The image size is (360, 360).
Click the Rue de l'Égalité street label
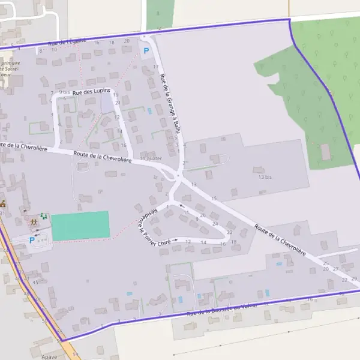point(68,41)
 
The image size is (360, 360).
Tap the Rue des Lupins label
point(91,91)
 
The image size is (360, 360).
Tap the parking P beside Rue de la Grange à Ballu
point(146,50)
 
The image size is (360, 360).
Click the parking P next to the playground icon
point(32,240)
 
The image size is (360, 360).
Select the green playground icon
point(43,216)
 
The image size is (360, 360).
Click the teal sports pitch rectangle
point(80,226)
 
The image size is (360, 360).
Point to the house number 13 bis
point(265,178)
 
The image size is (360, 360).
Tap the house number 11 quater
point(151,158)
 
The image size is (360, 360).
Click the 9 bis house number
point(65,92)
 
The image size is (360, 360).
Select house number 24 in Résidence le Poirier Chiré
point(215,223)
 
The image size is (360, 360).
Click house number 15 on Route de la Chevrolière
point(214,198)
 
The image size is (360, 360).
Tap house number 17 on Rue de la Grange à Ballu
point(155,67)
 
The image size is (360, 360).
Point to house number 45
point(35,282)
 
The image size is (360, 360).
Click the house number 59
point(76,355)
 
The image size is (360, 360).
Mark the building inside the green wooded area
point(326,152)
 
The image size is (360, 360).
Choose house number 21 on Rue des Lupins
point(118,103)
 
